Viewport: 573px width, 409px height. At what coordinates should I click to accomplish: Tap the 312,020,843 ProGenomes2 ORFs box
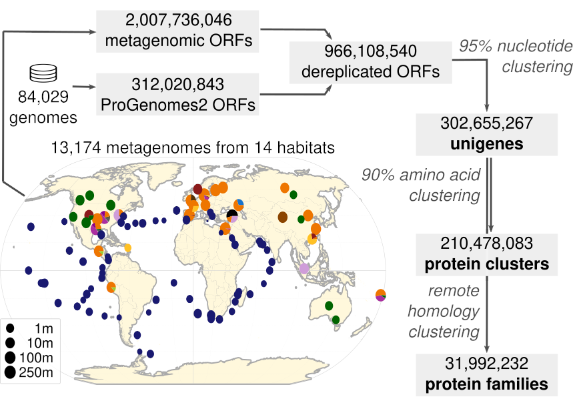tap(177, 94)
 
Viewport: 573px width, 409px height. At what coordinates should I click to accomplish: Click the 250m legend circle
tap(11, 372)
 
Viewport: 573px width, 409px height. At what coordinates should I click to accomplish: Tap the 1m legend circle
tap(11, 328)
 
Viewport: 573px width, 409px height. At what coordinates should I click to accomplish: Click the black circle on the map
tap(232, 215)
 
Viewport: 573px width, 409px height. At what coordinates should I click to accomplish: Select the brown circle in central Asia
tap(283, 217)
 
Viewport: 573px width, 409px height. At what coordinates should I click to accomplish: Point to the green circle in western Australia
tap(328, 306)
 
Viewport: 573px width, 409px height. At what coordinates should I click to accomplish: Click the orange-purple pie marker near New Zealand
tap(380, 294)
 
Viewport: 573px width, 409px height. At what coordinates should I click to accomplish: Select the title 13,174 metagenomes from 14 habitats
tap(191, 147)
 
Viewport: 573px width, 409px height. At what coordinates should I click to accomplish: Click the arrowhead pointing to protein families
tap(488, 347)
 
